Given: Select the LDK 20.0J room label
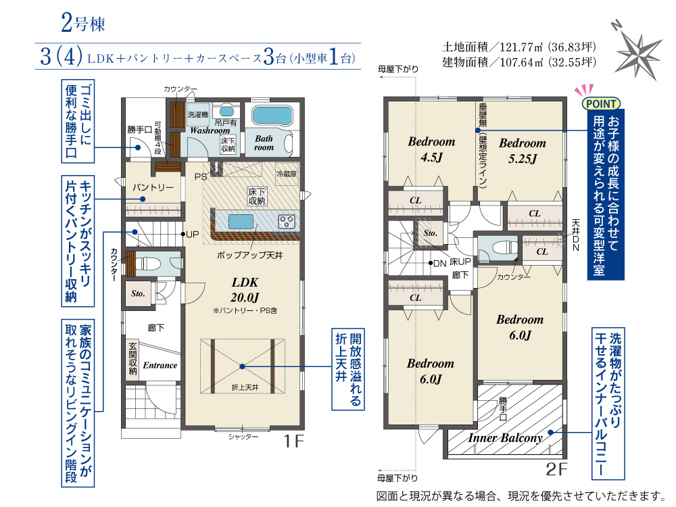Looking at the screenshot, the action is click(245, 290).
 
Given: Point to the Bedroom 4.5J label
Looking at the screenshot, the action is click(431, 149).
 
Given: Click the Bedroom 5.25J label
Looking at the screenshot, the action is click(523, 151).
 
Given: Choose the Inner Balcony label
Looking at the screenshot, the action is click(505, 438).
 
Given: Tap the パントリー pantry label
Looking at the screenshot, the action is click(153, 187).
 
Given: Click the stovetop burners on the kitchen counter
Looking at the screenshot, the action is click(287, 222).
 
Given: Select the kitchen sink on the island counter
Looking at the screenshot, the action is click(241, 222).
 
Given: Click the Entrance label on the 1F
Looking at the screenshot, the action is click(160, 365).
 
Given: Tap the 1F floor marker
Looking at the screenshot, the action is click(293, 441).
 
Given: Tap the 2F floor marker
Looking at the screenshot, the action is click(556, 469).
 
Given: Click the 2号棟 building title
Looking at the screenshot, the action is click(83, 23).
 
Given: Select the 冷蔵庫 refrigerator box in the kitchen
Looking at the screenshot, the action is click(287, 174).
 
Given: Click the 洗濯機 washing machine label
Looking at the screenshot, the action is click(198, 115).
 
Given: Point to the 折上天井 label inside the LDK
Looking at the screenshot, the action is click(245, 387).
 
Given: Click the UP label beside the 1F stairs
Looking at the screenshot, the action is click(192, 235).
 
